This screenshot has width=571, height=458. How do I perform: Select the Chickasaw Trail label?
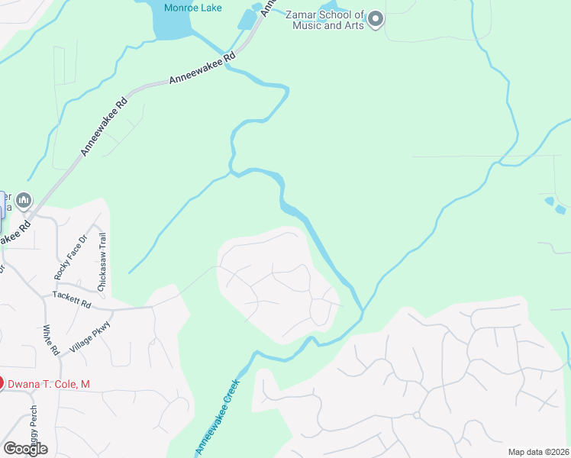(102, 261)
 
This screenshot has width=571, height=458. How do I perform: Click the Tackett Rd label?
(72, 299)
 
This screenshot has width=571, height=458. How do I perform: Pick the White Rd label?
(51, 340)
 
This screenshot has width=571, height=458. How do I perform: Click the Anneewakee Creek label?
(218, 416)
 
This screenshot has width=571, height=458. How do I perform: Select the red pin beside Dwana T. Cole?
(1, 383)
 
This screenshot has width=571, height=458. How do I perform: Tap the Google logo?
(24, 449)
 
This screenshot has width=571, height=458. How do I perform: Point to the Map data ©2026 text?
(537, 452)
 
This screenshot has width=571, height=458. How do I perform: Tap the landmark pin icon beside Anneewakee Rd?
(24, 201)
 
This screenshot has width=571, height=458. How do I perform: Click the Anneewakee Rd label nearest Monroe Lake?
(202, 69)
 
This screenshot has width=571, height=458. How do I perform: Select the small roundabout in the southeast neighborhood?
(417, 415)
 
